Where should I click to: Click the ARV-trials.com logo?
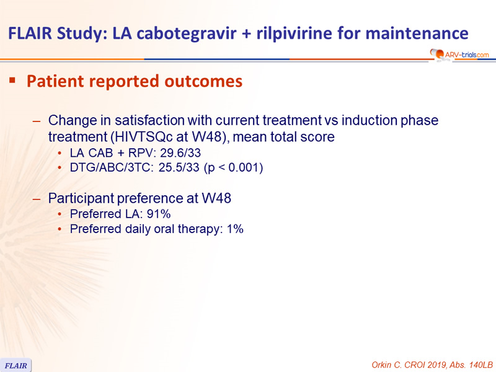coord(459,54)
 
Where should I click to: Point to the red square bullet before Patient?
coord(12,81)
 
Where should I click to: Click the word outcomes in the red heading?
coord(203,81)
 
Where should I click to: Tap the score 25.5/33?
coord(179,167)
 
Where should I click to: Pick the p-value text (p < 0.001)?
coord(234,167)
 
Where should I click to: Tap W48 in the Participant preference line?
coord(216,198)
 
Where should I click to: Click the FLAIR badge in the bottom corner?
coord(16,366)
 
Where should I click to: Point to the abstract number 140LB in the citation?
coord(481,365)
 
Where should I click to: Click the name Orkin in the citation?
coord(381,365)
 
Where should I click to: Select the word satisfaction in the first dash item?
coord(149,120)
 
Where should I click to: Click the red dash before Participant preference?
coord(37,199)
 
